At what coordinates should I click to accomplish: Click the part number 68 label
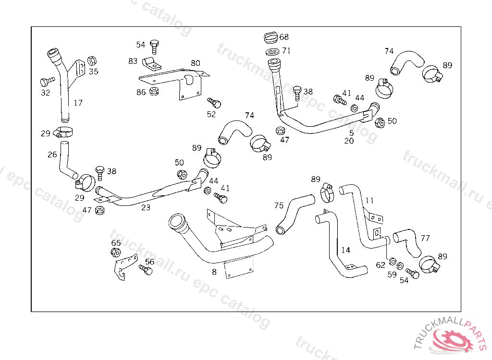(x=284, y=37)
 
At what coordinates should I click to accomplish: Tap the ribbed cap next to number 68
(x=271, y=37)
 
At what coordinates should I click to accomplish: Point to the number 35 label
(x=93, y=72)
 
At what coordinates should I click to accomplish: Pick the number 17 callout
(x=78, y=103)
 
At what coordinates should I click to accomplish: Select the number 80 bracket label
(x=195, y=63)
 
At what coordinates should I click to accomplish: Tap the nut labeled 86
(x=155, y=91)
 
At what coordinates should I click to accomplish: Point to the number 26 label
(x=52, y=155)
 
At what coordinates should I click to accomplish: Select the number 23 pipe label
(x=146, y=207)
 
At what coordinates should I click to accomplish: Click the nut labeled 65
(x=115, y=252)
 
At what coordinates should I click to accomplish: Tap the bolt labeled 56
(x=146, y=270)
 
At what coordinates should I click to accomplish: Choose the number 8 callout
(x=214, y=272)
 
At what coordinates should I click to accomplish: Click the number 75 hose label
(x=279, y=205)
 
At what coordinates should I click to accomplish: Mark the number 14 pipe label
(x=346, y=250)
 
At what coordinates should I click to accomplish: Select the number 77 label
(x=425, y=238)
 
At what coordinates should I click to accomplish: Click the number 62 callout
(x=381, y=264)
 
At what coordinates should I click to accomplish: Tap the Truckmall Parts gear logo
(x=453, y=338)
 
